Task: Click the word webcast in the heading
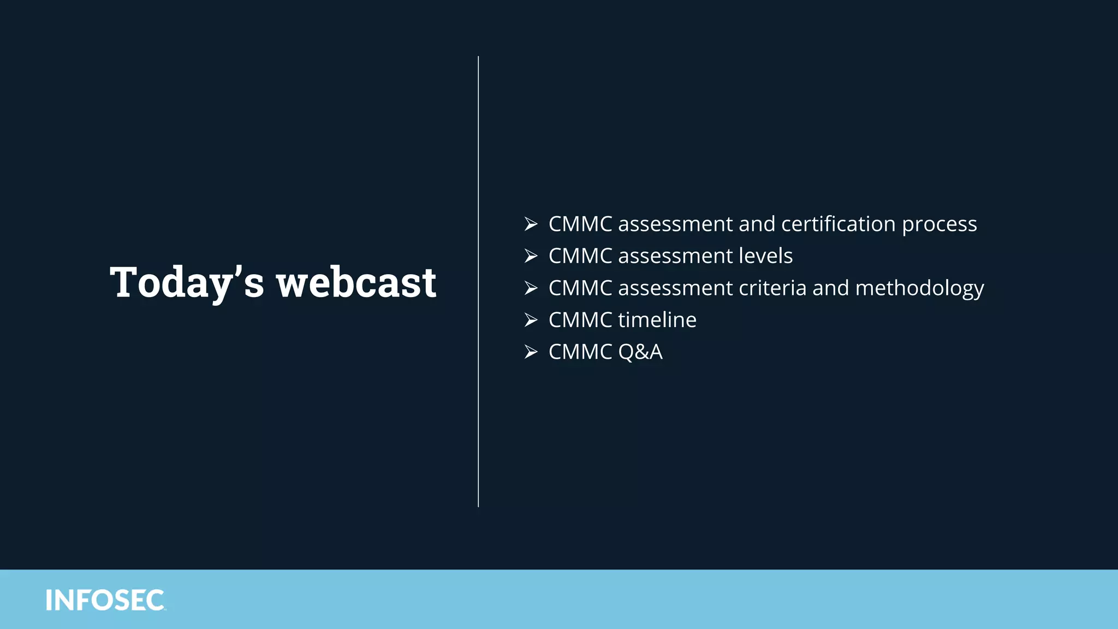[x=356, y=282]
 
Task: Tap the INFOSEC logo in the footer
[x=105, y=600]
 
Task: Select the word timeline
[x=657, y=320]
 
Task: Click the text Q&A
[x=640, y=352]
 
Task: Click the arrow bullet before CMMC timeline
[x=531, y=320]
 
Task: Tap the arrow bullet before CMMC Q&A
[x=531, y=352]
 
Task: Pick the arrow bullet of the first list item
[x=531, y=224]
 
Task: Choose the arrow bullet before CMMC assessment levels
[x=531, y=256]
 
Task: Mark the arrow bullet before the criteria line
[x=531, y=288]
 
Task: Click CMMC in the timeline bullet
[x=580, y=320]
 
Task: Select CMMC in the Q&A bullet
[x=580, y=352]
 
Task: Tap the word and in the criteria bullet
[x=830, y=288]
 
